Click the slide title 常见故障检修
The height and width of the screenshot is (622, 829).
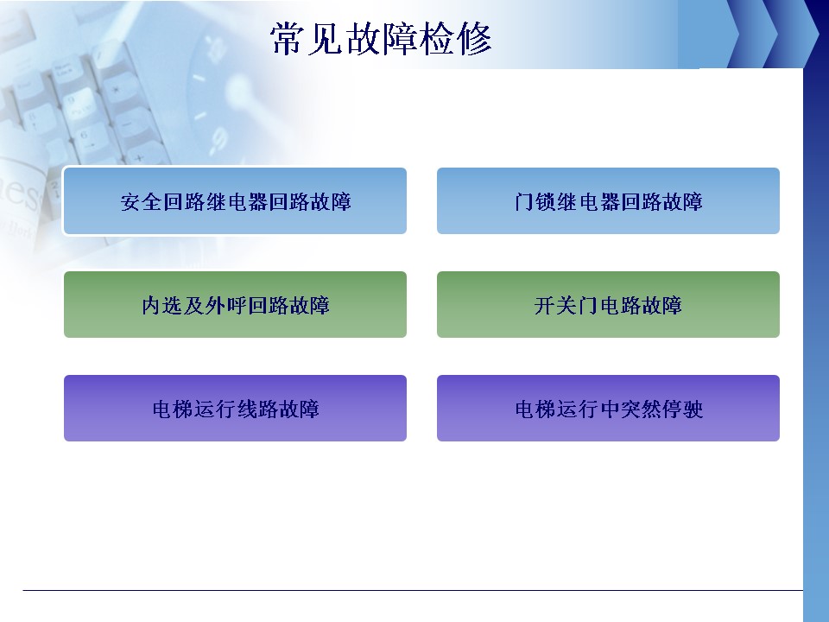[x=381, y=39]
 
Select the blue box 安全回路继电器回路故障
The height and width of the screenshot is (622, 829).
[x=235, y=201]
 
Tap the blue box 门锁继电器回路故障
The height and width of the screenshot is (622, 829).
[x=608, y=201]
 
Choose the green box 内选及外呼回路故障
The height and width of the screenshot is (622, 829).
[x=235, y=305]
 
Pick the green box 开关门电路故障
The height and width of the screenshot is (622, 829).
[x=608, y=305]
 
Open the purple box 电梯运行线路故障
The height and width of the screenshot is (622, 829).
[x=235, y=409]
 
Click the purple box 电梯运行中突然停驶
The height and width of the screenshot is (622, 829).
[x=608, y=409]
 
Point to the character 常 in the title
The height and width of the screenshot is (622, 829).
[x=288, y=39]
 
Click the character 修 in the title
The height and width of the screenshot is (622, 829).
[x=475, y=39]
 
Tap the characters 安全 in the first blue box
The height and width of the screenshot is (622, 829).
[x=141, y=201]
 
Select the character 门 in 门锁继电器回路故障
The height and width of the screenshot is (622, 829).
[x=523, y=201]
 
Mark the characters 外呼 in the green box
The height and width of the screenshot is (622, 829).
[x=225, y=305]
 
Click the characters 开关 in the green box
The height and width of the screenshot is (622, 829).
[x=555, y=305]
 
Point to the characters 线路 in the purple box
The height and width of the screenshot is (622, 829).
[x=257, y=409]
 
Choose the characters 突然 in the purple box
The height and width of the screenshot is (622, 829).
[x=640, y=409]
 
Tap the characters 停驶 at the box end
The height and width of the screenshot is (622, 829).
[x=682, y=409]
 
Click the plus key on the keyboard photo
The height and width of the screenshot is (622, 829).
[x=138, y=157]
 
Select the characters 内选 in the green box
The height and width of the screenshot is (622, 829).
[x=161, y=305]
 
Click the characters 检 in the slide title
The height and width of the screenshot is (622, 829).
[x=437, y=39]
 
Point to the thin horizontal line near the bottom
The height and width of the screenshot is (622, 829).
[x=413, y=590]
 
